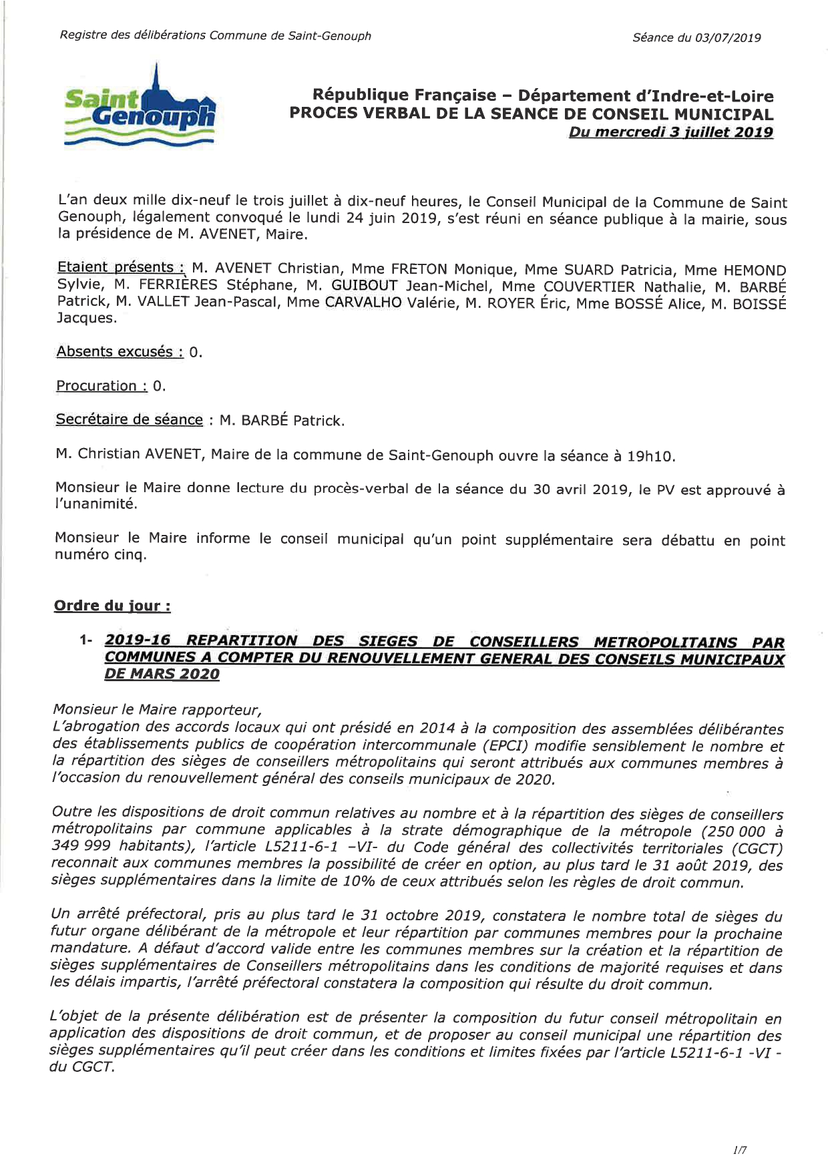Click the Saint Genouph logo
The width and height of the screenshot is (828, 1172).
[x=140, y=107]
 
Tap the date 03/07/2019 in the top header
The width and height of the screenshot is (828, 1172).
[x=728, y=37]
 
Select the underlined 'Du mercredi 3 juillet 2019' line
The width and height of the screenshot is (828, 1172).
[x=670, y=132]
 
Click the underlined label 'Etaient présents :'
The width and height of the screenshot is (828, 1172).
[x=121, y=268]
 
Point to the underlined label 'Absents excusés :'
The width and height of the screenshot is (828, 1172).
[x=120, y=352]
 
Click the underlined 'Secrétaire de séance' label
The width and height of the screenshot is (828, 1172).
[x=129, y=419]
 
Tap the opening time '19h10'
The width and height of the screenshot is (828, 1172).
[x=651, y=457]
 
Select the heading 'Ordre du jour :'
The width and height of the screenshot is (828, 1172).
[x=112, y=606]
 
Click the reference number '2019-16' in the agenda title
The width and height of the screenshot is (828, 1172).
[x=137, y=640]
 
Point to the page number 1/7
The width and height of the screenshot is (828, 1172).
[x=739, y=1150]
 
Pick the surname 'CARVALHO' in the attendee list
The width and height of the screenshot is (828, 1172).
[x=363, y=303]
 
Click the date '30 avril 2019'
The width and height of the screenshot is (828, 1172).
[x=581, y=490]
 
